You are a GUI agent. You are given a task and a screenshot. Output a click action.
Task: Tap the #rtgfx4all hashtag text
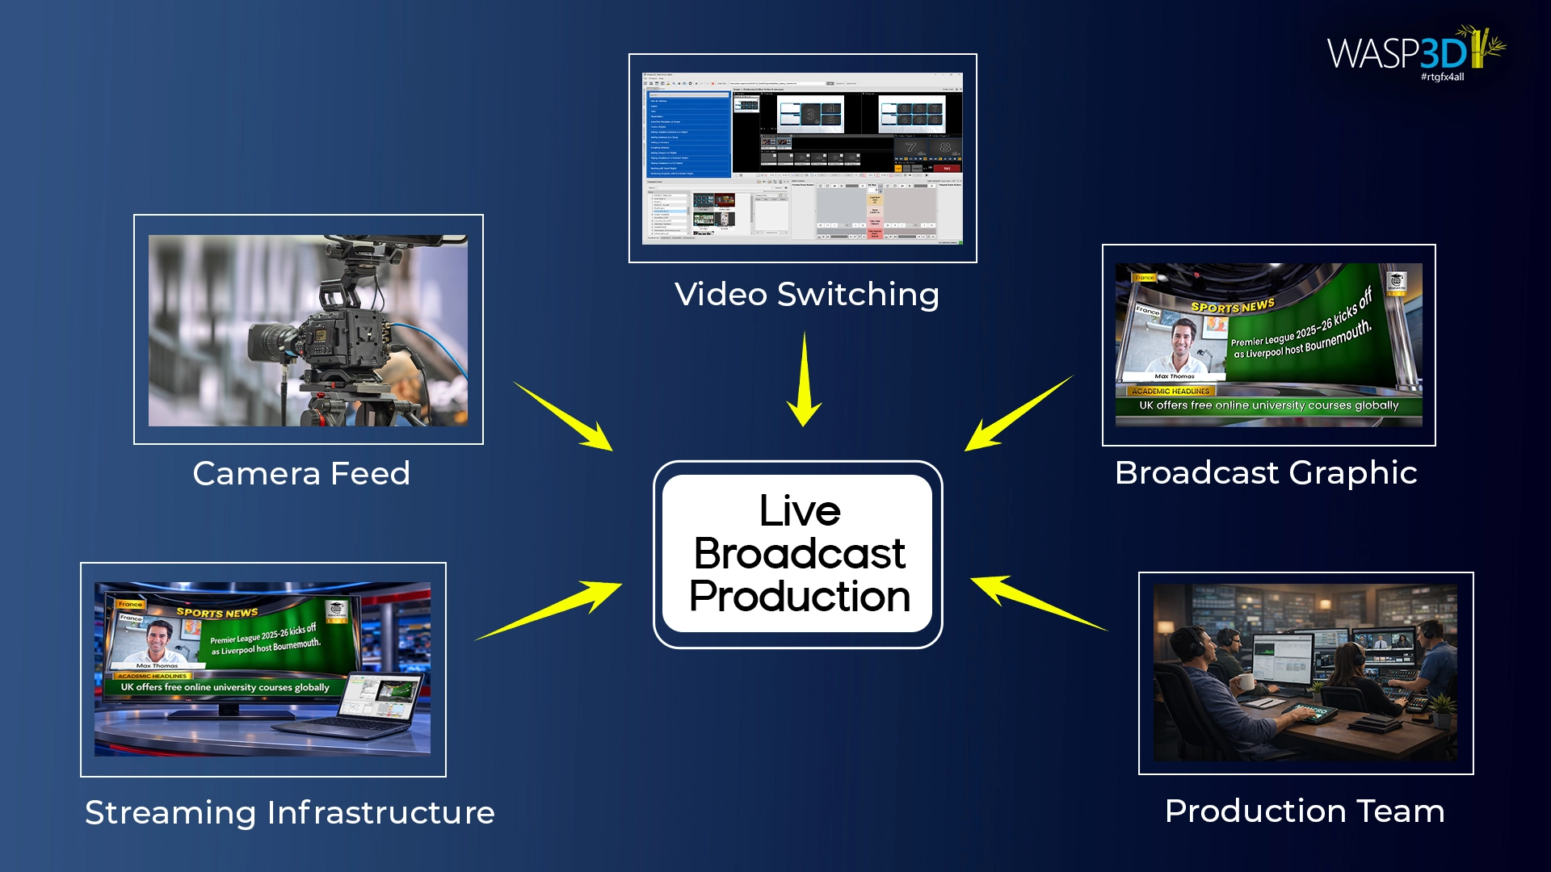1442,77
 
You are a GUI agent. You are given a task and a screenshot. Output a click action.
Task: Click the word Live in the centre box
800,511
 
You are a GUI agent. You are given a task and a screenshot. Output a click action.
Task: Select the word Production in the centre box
800,597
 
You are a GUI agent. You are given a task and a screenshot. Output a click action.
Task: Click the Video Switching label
806,294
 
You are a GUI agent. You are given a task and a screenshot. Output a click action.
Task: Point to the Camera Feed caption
301,473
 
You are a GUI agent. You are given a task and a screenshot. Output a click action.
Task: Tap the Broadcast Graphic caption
1266,472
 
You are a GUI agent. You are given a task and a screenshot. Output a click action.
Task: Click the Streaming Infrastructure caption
290,812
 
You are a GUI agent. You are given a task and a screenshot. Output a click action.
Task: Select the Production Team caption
1305,811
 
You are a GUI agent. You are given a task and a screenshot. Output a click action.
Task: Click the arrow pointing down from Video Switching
805,379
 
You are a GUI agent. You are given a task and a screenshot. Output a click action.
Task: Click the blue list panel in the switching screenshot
689,133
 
